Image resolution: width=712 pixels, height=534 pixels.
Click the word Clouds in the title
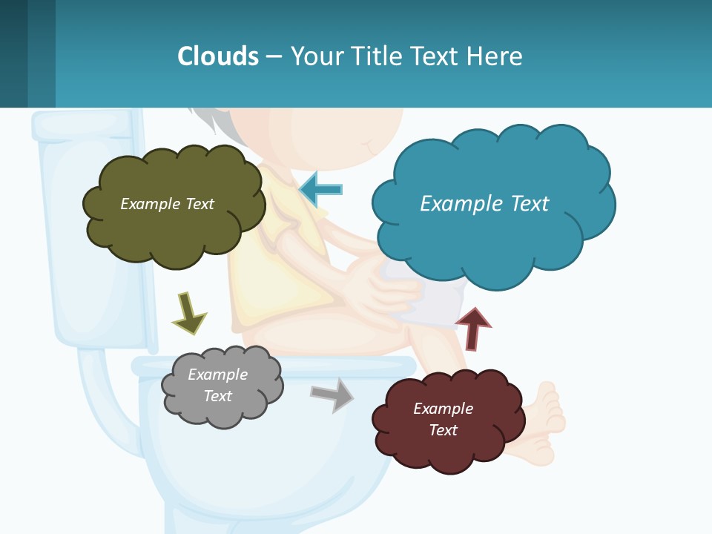218,56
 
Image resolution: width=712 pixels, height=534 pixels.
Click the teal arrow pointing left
320,190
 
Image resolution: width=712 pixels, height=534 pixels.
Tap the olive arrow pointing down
188,313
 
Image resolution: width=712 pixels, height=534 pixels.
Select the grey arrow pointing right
332,394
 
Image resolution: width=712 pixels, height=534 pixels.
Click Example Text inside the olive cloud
167,204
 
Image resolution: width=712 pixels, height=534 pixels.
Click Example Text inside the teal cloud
484,204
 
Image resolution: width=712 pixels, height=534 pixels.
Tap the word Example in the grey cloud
217,375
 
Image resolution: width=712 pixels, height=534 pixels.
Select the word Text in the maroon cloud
443,430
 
